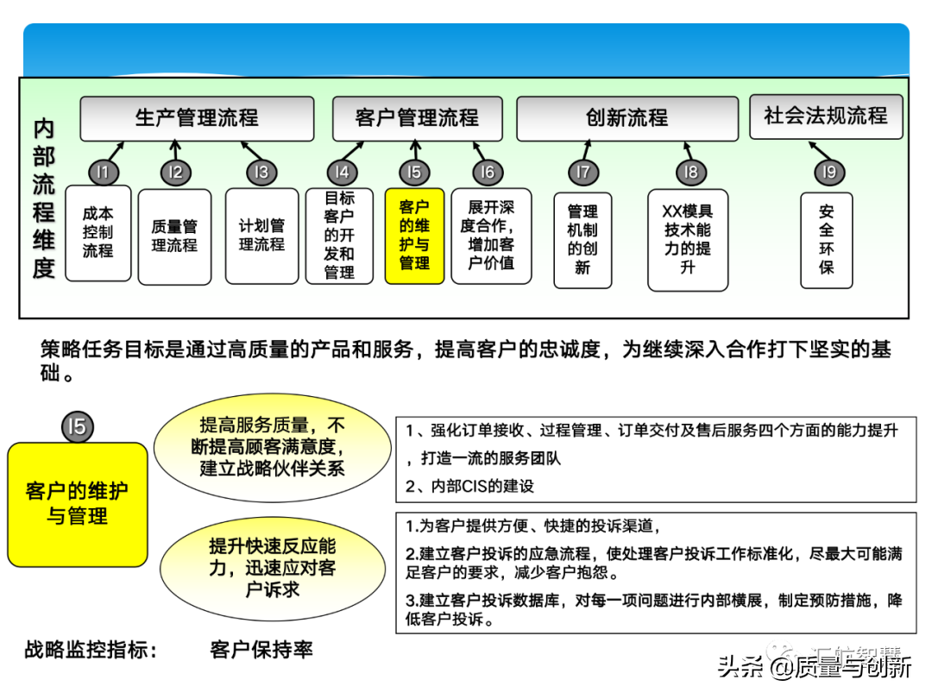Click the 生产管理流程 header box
[197, 118]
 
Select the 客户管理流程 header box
[417, 118]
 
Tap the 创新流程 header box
[627, 118]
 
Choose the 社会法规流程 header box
[826, 116]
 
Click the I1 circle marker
[103, 172]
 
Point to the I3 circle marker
[261, 172]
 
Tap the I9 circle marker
[829, 172]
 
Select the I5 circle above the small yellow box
[414, 172]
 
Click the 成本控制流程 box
[98, 233]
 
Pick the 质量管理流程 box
[174, 236]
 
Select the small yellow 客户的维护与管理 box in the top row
[414, 236]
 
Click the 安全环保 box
[827, 239]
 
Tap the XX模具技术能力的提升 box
[688, 239]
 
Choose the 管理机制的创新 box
[582, 239]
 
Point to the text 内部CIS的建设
[470, 486]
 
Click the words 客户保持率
[261, 650]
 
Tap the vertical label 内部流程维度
[44, 198]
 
